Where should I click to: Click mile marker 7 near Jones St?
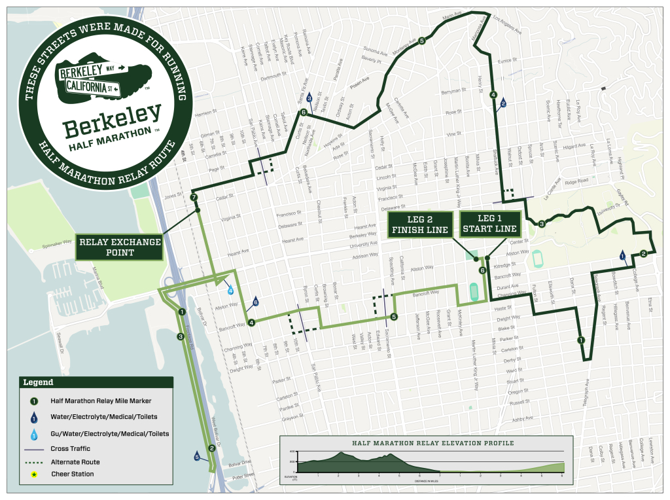(194, 197)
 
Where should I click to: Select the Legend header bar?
(96, 382)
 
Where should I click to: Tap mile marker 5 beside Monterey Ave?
(422, 41)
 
